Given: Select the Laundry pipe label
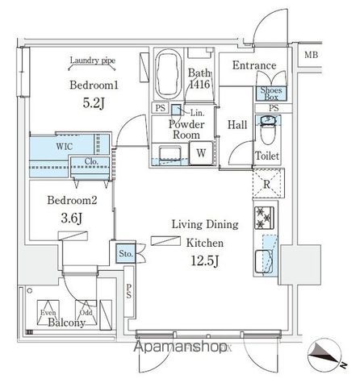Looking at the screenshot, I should (91, 60).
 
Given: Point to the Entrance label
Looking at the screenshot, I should (253, 65).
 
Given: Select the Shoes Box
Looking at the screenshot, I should (267, 93).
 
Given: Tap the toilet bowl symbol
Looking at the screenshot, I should (269, 130).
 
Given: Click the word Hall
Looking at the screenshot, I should (237, 125).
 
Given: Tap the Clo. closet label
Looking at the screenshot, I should (91, 160).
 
